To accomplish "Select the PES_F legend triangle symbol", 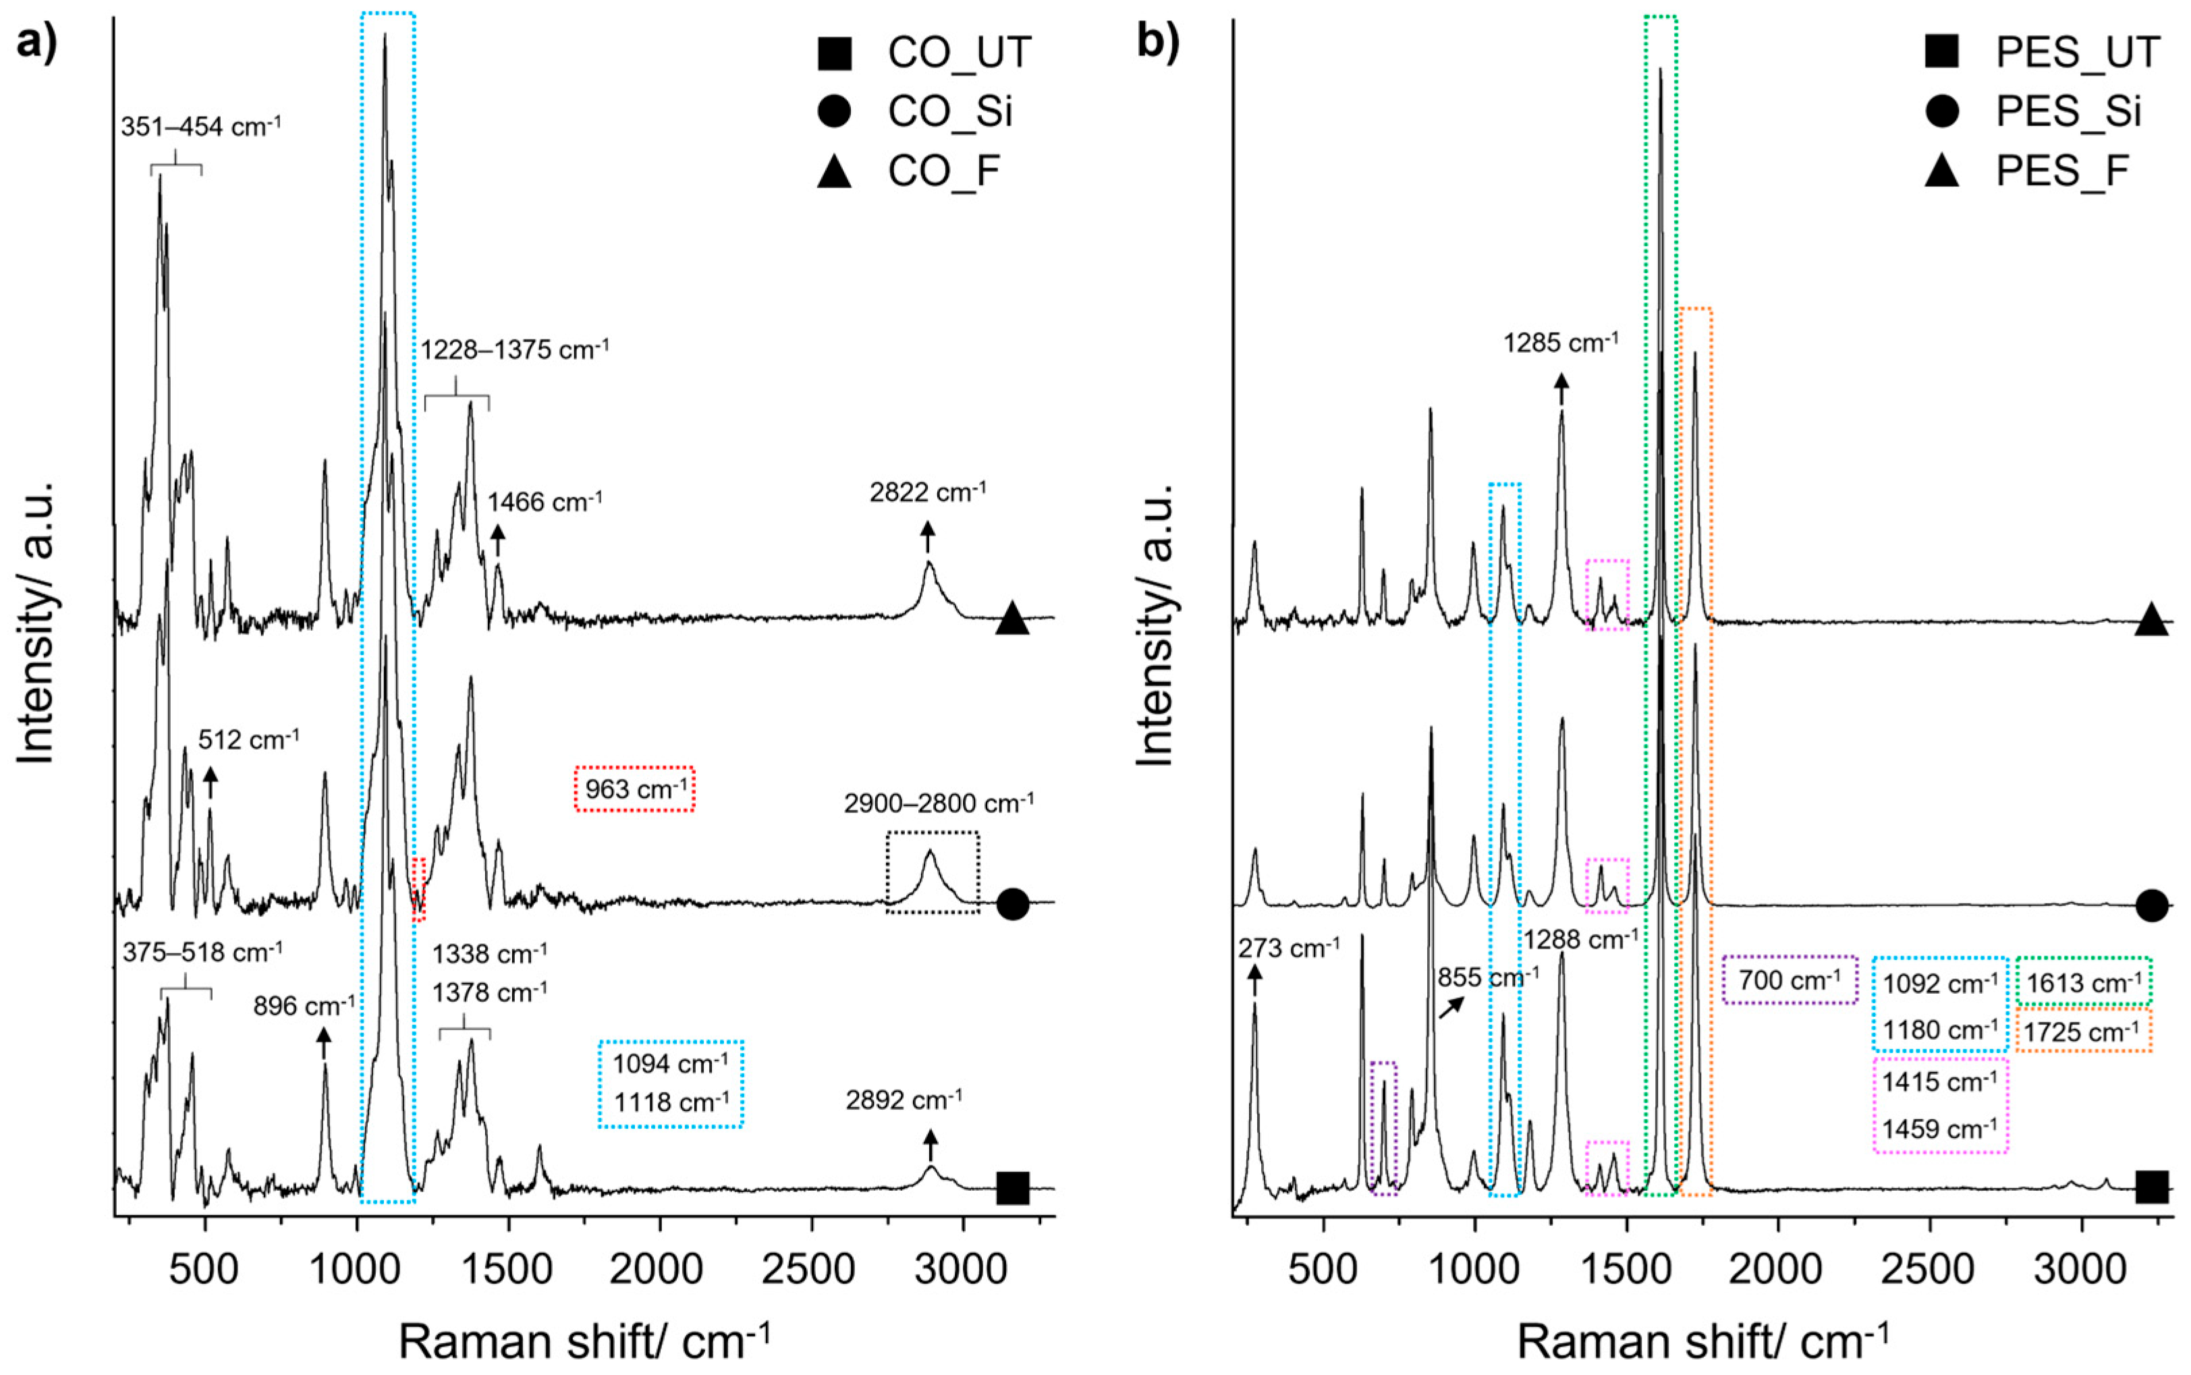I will (1942, 170).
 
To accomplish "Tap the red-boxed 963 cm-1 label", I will (636, 789).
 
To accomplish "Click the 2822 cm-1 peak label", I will (928, 493).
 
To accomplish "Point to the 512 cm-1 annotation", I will (248, 739).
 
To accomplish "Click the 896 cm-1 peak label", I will (304, 1006).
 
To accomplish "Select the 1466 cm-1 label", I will (545, 502).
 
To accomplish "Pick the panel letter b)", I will (1158, 43).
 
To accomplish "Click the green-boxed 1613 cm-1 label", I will (2083, 983).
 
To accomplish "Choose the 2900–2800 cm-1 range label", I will (939, 803).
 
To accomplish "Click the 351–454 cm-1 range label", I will (201, 126).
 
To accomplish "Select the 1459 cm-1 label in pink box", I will (1940, 1129).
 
